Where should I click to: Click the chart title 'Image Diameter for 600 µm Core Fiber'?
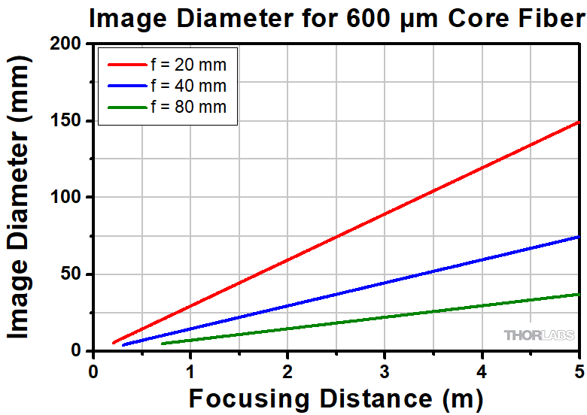(336, 18)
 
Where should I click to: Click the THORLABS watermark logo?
(539, 335)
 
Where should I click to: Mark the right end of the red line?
(579, 122)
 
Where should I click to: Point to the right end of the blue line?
(579, 237)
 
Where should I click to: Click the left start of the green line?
(162, 344)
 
